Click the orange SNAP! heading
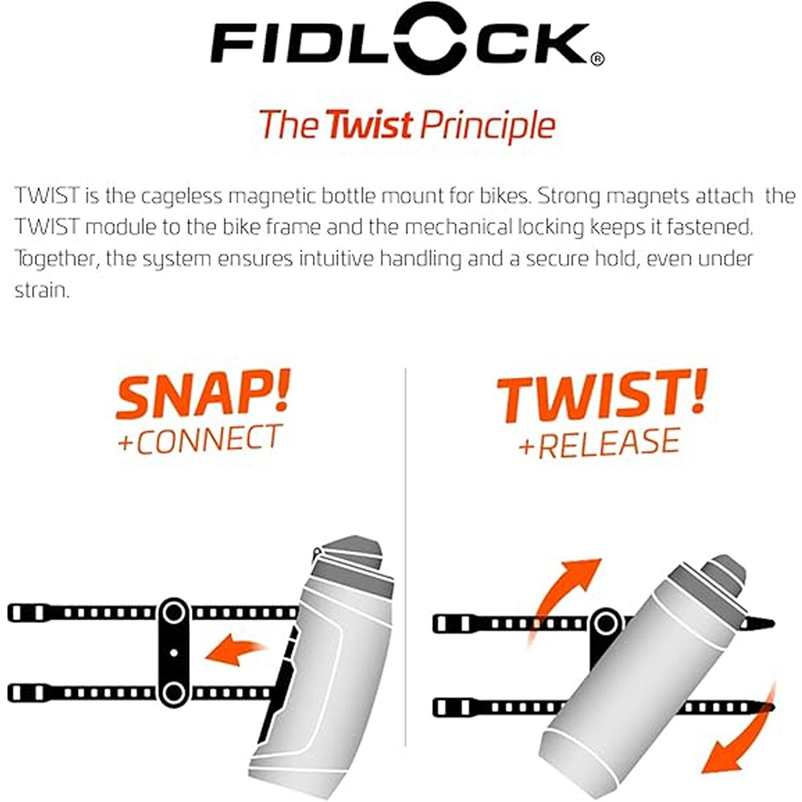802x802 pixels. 203,396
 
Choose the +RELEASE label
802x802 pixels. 599,442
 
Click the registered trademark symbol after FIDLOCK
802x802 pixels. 598,59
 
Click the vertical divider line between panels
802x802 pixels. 406,555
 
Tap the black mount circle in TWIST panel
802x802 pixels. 606,624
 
